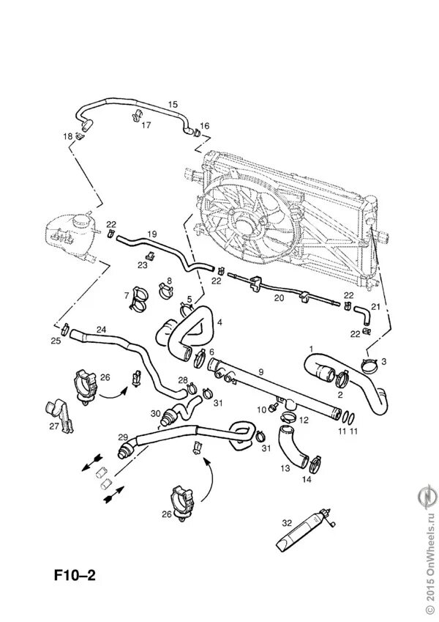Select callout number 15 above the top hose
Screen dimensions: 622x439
click(x=173, y=105)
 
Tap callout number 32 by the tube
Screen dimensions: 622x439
click(x=286, y=522)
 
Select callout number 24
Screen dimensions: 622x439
click(x=102, y=330)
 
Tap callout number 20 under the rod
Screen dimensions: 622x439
click(x=278, y=299)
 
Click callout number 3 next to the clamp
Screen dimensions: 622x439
click(x=384, y=362)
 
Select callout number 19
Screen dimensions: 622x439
click(x=152, y=234)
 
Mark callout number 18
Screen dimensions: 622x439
click(x=67, y=136)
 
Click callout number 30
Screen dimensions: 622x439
click(x=154, y=413)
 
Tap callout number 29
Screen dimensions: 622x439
click(x=122, y=437)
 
